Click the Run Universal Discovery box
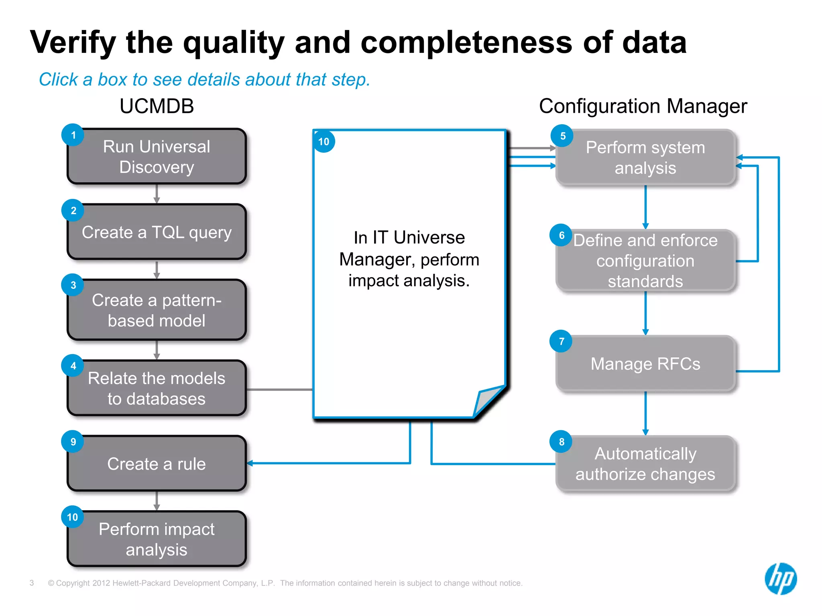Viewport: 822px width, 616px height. tap(157, 156)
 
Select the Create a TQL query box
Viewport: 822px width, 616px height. tap(157, 232)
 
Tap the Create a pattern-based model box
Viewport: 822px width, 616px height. tap(157, 310)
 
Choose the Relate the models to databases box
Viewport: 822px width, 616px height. tap(157, 388)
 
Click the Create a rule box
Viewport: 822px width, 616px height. tap(157, 464)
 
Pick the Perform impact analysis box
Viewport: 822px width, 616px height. tap(157, 539)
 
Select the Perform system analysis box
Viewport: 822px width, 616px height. tap(645, 158)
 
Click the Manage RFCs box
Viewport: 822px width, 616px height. tap(645, 364)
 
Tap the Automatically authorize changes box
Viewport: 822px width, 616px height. tap(645, 464)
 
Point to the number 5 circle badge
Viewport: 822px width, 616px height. tap(562, 136)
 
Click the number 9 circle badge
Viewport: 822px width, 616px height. tap(73, 442)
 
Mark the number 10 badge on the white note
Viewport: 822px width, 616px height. tap(324, 142)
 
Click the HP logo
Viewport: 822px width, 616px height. tap(781, 579)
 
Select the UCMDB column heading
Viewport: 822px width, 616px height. tap(157, 106)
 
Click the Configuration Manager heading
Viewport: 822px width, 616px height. tap(643, 106)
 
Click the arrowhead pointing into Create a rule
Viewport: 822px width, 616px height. tap(250, 463)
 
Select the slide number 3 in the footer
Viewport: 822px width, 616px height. tap(32, 583)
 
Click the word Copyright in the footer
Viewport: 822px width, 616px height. tap(73, 583)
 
